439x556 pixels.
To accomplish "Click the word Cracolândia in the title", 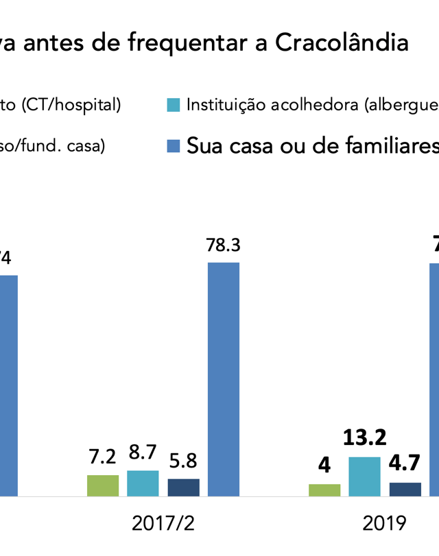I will click(342, 43).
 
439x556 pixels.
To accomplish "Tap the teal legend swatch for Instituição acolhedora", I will click(174, 105).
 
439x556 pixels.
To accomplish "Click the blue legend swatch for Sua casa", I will click(174, 146).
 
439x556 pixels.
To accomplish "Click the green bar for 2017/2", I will click(103, 485).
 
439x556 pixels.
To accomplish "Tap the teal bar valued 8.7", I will click(143, 483).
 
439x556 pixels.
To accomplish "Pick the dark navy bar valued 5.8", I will click(183, 487).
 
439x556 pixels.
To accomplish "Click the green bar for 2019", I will click(324, 489).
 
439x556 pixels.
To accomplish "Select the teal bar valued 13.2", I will click(364, 476).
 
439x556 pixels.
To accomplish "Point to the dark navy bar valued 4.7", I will click(405, 489).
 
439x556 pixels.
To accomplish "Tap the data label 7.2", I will click(103, 456).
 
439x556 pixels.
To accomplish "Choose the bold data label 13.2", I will click(364, 437).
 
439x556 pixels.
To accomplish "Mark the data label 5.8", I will click(183, 460).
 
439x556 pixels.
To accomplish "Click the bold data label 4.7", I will click(405, 464).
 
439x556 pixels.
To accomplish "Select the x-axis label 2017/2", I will click(163, 524).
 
